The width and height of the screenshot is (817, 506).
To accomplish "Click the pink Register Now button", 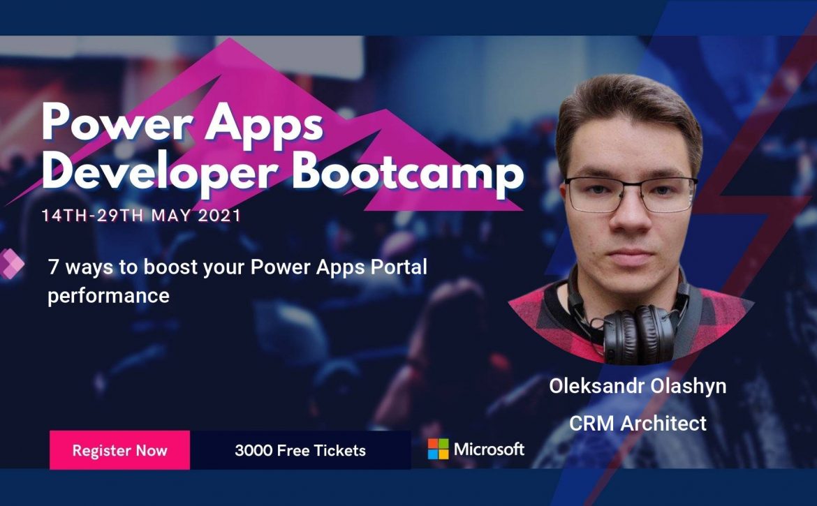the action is click(x=120, y=449).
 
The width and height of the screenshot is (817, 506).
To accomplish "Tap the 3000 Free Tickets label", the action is click(x=300, y=450).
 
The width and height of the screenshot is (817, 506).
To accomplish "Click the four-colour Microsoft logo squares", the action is click(x=438, y=449).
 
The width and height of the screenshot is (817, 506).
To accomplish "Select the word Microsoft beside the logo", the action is click(x=489, y=449).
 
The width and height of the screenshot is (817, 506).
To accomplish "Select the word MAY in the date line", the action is click(x=171, y=216).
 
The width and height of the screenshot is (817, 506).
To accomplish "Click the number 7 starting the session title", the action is click(x=53, y=267).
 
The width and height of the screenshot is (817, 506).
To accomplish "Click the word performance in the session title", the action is click(x=108, y=296).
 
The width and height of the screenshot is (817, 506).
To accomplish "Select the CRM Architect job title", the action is click(x=638, y=423).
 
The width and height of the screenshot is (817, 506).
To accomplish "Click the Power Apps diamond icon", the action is click(x=11, y=264).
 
